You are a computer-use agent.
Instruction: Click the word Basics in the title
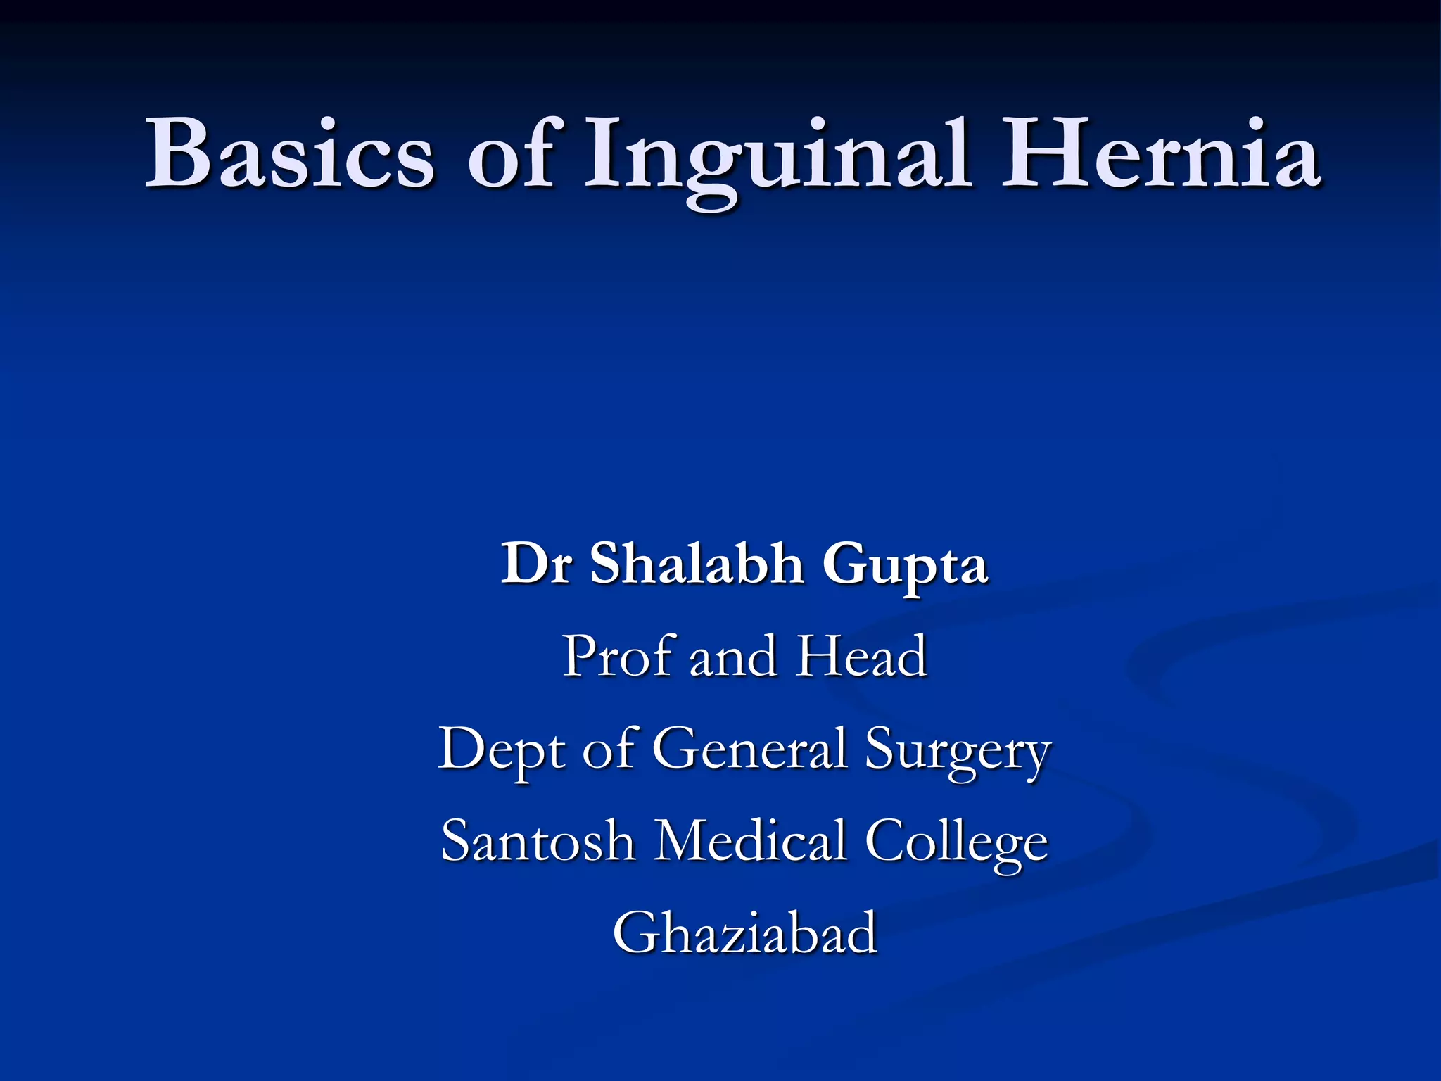[289, 153]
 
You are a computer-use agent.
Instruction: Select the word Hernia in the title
[1160, 153]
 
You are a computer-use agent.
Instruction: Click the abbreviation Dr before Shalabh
[535, 564]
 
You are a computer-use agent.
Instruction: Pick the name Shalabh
[697, 564]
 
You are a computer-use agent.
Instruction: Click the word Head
[862, 656]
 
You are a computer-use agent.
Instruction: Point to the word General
[749, 749]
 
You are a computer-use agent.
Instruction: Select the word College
[956, 843]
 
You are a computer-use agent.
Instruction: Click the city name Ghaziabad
[744, 933]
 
